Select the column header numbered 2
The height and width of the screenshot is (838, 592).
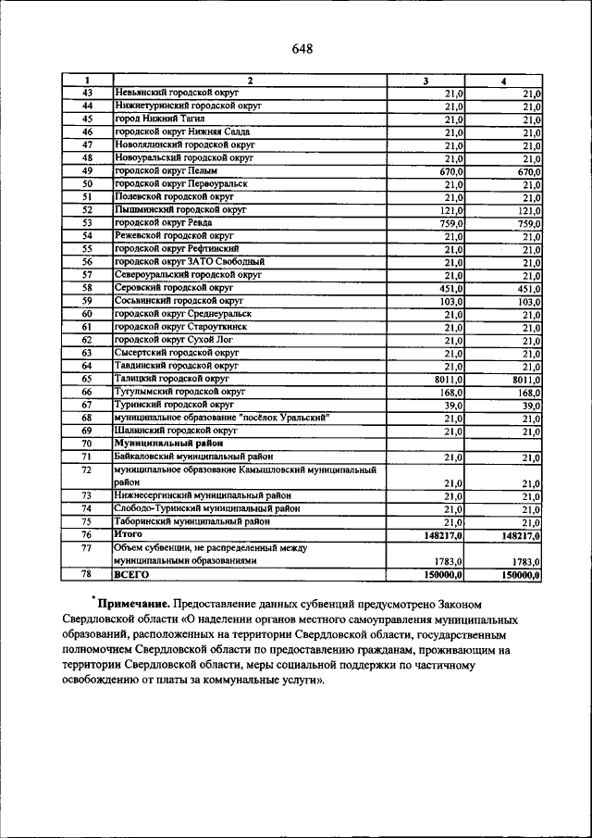[249, 81]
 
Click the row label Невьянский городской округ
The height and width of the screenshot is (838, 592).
[177, 94]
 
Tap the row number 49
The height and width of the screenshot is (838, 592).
[87, 171]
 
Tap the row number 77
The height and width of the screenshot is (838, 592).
[87, 548]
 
